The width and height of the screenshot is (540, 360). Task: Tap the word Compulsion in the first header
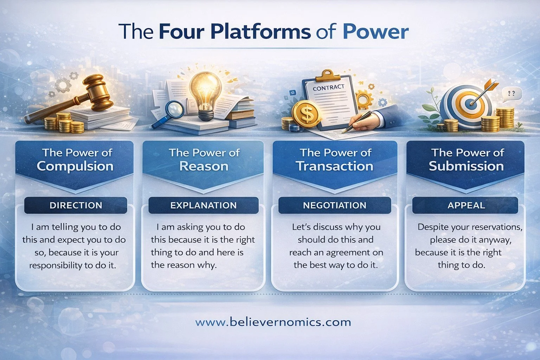tap(75, 166)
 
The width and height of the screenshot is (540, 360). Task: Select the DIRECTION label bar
tap(76, 205)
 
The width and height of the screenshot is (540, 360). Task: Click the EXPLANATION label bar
tap(203, 205)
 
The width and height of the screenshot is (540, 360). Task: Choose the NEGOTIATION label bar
tap(334, 205)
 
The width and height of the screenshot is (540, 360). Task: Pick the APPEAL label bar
tap(466, 205)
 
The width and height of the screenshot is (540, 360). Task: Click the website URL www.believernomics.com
tap(273, 322)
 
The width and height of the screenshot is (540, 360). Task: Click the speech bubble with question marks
tap(512, 94)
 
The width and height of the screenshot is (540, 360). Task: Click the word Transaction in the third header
tap(334, 166)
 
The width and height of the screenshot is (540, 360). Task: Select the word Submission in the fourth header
tap(466, 166)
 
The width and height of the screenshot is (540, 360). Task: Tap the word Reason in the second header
tap(204, 166)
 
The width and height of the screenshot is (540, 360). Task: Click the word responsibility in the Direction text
tap(56, 265)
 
